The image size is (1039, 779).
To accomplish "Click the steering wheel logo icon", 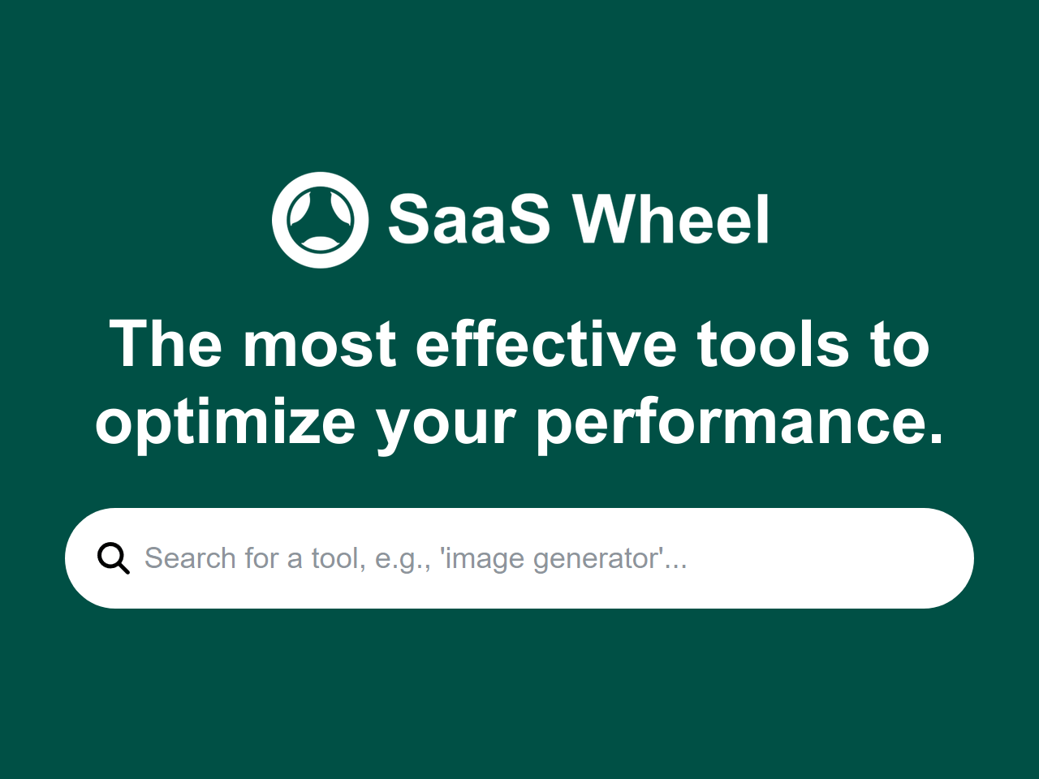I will [320, 220].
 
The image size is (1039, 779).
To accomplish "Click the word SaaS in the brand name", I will [468, 220].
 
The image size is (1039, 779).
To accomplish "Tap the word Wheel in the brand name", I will [670, 220].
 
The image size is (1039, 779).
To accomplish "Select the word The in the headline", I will [166, 345].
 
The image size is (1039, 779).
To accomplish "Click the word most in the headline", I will [320, 345].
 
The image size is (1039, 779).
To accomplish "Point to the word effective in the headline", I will [545, 345].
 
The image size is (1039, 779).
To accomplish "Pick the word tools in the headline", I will [773, 345].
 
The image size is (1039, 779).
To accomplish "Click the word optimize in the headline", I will [225, 424].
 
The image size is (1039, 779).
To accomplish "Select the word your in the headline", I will [446, 424].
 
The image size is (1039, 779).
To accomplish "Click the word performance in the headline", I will [726, 424].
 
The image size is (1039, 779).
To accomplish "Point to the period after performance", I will [936, 439].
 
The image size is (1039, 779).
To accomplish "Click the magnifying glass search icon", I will [113, 558].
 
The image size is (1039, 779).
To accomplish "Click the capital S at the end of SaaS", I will [523, 220].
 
